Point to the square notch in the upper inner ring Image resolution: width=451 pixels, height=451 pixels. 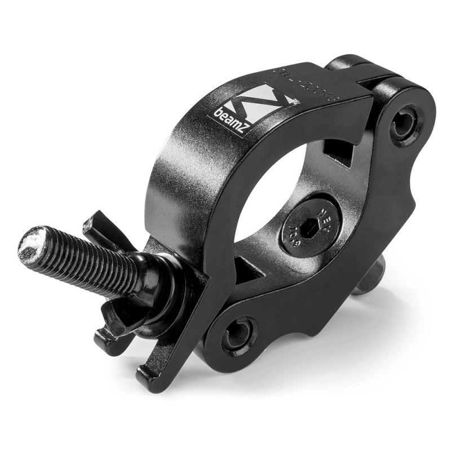pos(338,151)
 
